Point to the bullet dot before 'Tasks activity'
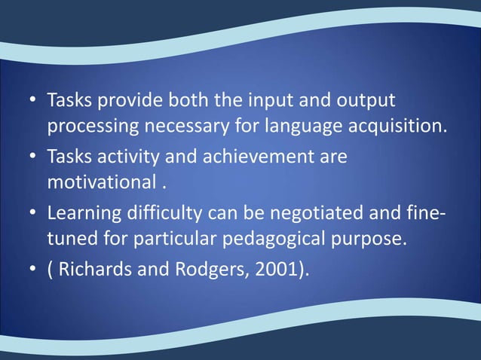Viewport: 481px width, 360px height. click(33, 160)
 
